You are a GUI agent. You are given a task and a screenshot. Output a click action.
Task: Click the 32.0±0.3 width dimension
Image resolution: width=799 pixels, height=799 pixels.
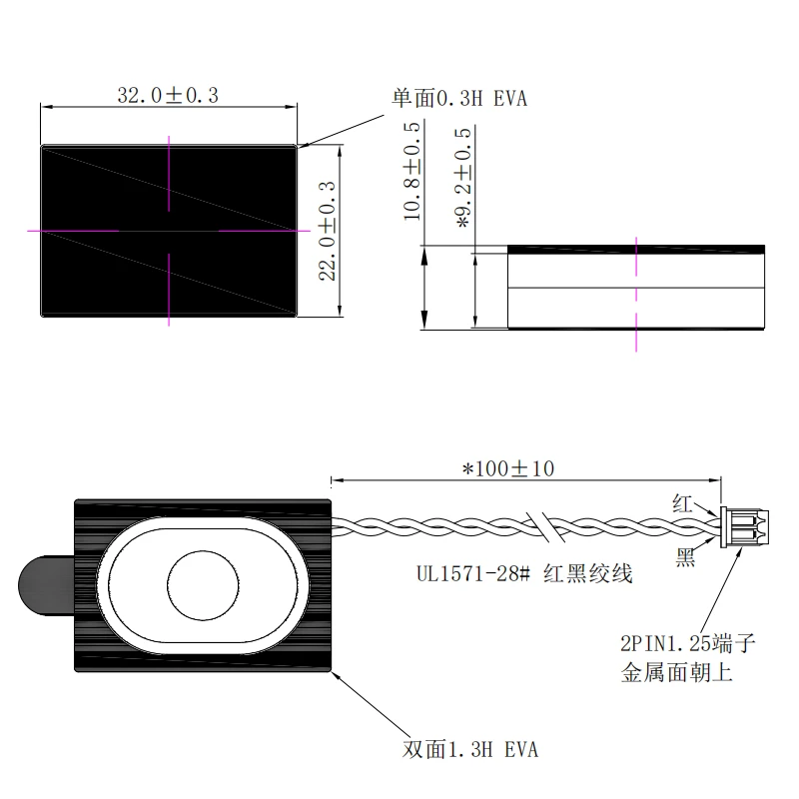point(168,95)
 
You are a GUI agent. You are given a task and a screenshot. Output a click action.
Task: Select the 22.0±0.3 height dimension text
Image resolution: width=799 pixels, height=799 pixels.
point(328,231)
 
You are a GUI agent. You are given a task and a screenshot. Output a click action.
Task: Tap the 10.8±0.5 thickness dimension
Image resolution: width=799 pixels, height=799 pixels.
point(412,171)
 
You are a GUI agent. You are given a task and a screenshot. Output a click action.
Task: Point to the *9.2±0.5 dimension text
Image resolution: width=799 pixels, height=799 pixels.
point(463,178)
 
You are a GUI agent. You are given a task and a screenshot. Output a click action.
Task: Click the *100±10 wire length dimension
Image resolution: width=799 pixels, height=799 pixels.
point(508,468)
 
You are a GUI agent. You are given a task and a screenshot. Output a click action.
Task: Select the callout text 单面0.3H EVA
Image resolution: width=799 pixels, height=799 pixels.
point(459,98)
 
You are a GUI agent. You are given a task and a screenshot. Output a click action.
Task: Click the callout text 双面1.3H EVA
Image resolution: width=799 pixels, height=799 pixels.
point(469,749)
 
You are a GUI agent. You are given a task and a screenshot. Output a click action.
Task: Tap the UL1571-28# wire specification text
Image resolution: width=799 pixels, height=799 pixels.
point(473,573)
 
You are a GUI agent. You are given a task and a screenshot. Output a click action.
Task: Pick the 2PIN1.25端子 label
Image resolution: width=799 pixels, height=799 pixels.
point(688,643)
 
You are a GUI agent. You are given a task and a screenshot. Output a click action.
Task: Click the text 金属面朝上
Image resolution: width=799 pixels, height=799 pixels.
point(677,672)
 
